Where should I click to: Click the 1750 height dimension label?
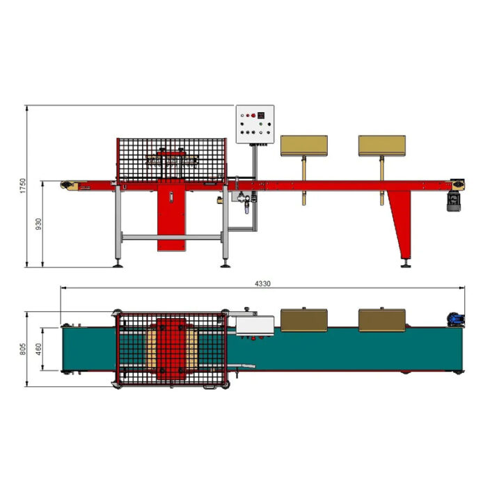tap(23, 186)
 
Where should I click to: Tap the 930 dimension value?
tap(38, 224)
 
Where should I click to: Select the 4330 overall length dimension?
tap(262, 284)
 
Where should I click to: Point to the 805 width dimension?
tap(23, 349)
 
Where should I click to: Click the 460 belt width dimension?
tap(38, 349)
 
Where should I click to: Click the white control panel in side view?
tap(255, 125)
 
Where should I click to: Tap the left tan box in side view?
tap(304, 145)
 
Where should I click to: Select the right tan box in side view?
tap(382, 145)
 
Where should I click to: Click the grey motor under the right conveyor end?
tap(454, 202)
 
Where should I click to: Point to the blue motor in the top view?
tap(456, 319)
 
